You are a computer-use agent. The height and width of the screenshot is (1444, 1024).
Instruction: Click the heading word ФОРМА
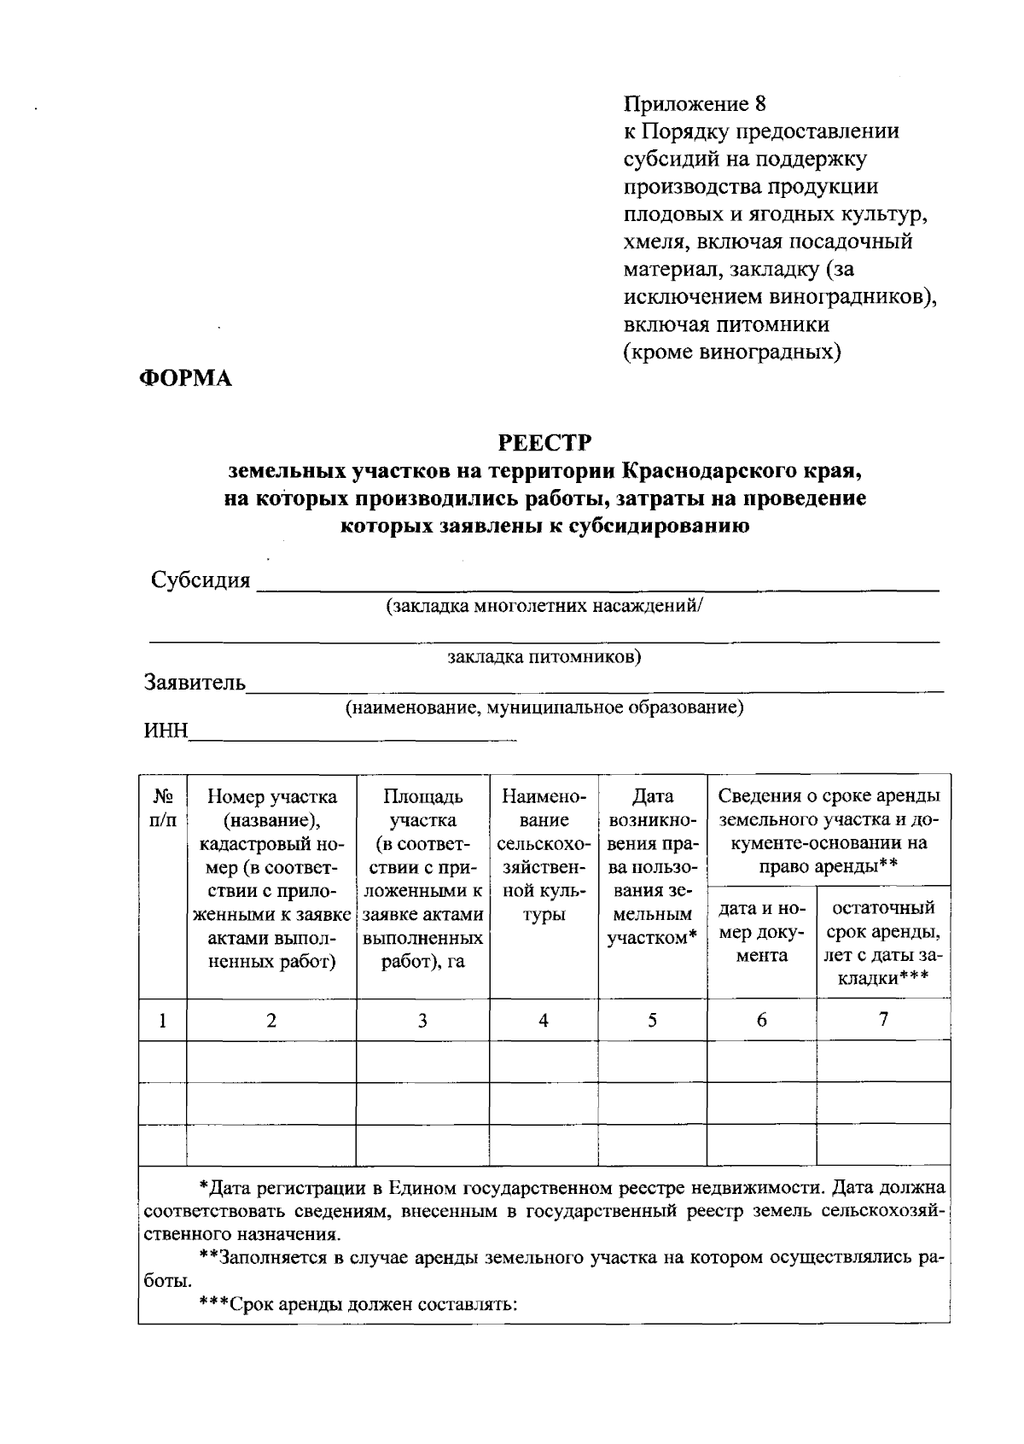[x=185, y=379]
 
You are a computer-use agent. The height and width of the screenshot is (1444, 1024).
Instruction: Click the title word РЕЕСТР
[x=545, y=443]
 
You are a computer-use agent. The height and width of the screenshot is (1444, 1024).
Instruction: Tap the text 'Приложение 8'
[x=695, y=104]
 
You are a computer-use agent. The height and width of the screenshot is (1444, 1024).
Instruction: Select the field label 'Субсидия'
[x=201, y=580]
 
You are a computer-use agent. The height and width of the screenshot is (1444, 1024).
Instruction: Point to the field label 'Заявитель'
[x=195, y=684]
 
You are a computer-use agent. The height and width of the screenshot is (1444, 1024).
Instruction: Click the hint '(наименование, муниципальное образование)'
[x=544, y=707]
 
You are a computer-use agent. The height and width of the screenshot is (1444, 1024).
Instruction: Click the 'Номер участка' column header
[x=271, y=879]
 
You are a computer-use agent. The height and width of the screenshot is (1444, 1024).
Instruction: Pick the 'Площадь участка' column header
[x=422, y=879]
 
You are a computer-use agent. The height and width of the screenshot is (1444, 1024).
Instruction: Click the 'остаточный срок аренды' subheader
[x=883, y=942]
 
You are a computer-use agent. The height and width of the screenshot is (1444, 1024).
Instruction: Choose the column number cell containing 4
[x=544, y=1021]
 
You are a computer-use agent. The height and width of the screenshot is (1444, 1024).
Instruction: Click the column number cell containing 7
[x=883, y=1019]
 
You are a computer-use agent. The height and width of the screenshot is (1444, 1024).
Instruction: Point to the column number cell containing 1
[x=162, y=1021]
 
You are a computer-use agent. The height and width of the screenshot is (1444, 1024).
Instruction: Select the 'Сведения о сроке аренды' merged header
[x=829, y=831]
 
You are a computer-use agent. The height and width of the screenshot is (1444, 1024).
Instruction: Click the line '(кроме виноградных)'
[x=732, y=352]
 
